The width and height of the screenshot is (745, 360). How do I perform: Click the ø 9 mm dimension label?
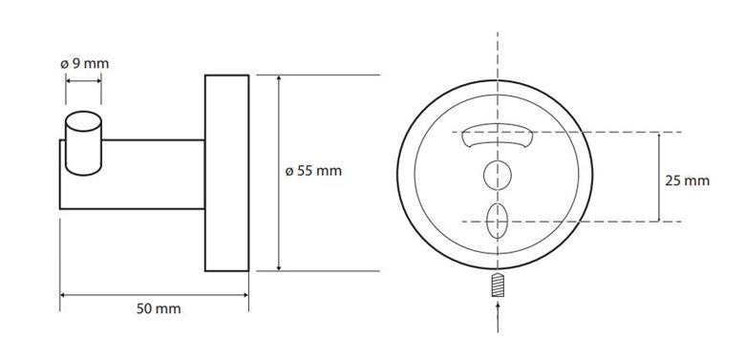click(x=85, y=64)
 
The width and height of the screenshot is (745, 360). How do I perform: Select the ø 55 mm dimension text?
click(x=313, y=171)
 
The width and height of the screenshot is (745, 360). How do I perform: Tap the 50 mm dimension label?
click(x=159, y=309)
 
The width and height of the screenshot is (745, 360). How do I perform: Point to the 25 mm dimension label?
click(x=687, y=180)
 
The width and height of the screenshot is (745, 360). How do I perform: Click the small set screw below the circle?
click(x=498, y=285)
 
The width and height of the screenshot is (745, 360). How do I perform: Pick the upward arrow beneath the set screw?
click(x=498, y=317)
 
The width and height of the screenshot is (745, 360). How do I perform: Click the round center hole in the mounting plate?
click(x=498, y=176)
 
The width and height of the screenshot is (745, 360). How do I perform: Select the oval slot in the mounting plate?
click(x=498, y=221)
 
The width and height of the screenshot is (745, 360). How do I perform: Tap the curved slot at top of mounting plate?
click(x=498, y=136)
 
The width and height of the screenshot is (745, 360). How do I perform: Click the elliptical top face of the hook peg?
click(x=83, y=121)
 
